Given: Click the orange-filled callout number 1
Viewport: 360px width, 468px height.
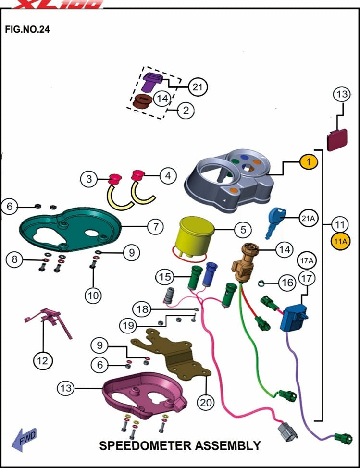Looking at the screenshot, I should tap(309, 162).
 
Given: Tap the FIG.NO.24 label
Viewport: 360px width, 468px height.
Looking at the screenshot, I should tap(27, 29).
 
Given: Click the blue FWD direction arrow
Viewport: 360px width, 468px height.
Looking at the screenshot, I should tap(24, 439).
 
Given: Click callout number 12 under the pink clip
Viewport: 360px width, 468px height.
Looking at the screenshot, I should tap(43, 359).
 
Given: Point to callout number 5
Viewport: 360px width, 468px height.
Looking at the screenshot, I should tap(243, 230).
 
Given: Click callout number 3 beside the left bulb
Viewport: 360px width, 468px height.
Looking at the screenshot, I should tap(89, 180).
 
